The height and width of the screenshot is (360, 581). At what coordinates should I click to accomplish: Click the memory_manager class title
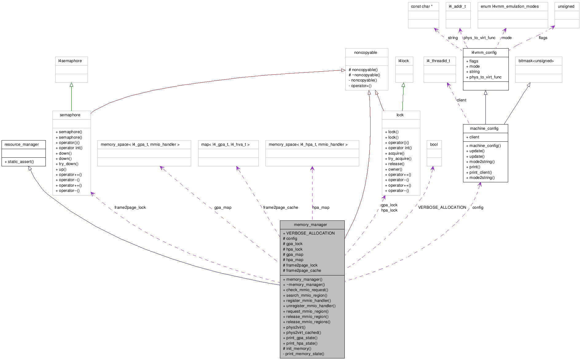click(310, 225)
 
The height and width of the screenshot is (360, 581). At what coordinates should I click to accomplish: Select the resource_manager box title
click(22, 144)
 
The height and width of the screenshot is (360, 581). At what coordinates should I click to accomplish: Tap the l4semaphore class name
click(70, 61)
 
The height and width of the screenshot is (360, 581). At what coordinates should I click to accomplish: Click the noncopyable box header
click(365, 53)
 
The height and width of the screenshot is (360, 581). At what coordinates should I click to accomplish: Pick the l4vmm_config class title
click(484, 53)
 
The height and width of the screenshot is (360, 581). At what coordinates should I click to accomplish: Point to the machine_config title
click(484, 129)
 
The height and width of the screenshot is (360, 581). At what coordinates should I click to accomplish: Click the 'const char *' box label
click(422, 6)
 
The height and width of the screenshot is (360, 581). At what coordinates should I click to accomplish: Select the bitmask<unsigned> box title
click(536, 61)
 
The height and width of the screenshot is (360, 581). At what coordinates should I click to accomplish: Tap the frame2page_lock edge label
click(130, 208)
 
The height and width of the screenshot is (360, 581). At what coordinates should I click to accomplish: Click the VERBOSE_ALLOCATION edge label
click(442, 208)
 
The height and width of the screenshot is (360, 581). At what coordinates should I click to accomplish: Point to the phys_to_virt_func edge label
click(479, 38)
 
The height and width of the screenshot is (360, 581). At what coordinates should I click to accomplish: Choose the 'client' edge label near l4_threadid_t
click(461, 100)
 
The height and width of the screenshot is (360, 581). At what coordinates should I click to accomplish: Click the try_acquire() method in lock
click(399, 159)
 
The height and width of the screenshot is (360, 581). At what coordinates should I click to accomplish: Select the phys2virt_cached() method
click(304, 333)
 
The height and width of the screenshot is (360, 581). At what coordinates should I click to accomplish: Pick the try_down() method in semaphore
click(69, 164)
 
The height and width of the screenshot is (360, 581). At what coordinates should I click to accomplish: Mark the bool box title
click(434, 144)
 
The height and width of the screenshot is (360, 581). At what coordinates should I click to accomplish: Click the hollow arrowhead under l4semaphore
click(71, 85)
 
